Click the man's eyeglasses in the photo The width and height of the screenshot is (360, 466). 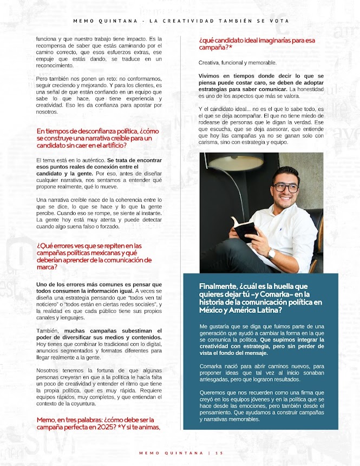[x=286, y=188]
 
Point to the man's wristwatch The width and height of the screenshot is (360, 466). [x=271, y=253]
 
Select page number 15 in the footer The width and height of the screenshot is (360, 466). [x=219, y=452]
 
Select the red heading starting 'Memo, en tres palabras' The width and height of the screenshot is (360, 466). [x=99, y=423]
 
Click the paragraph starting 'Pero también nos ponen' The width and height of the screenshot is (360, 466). [x=99, y=95]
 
